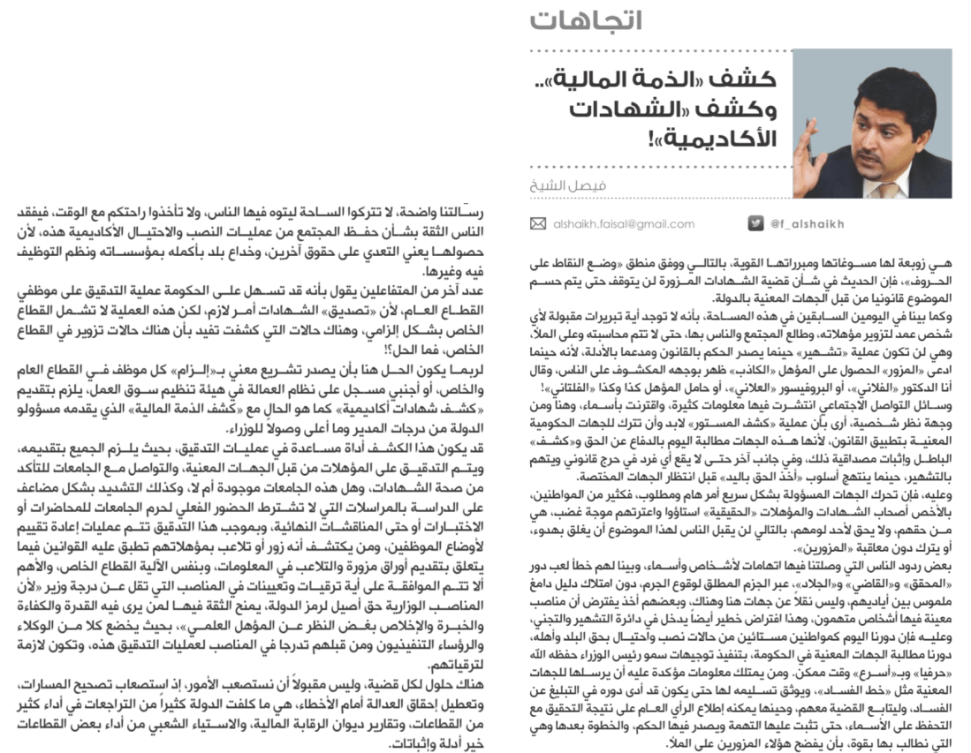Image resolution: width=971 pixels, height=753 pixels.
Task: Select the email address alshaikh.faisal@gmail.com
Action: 620,224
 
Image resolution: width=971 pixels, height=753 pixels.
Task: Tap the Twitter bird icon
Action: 755,224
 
